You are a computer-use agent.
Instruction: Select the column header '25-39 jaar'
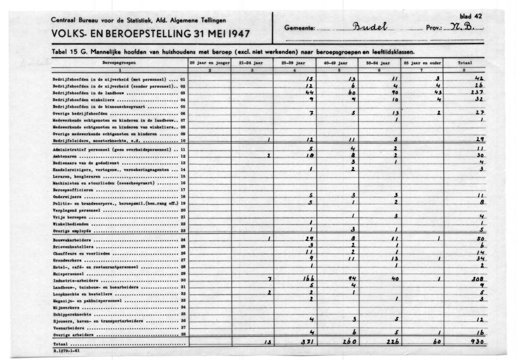coord(292,63)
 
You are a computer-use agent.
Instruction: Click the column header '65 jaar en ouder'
coord(423,63)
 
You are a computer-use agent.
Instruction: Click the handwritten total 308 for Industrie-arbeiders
coord(477,280)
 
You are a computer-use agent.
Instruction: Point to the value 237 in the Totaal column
coord(478,92)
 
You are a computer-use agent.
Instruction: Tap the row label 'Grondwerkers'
coord(67,260)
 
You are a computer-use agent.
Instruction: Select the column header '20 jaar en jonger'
coord(209,63)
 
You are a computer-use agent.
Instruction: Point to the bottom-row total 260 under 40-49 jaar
coord(350,342)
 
